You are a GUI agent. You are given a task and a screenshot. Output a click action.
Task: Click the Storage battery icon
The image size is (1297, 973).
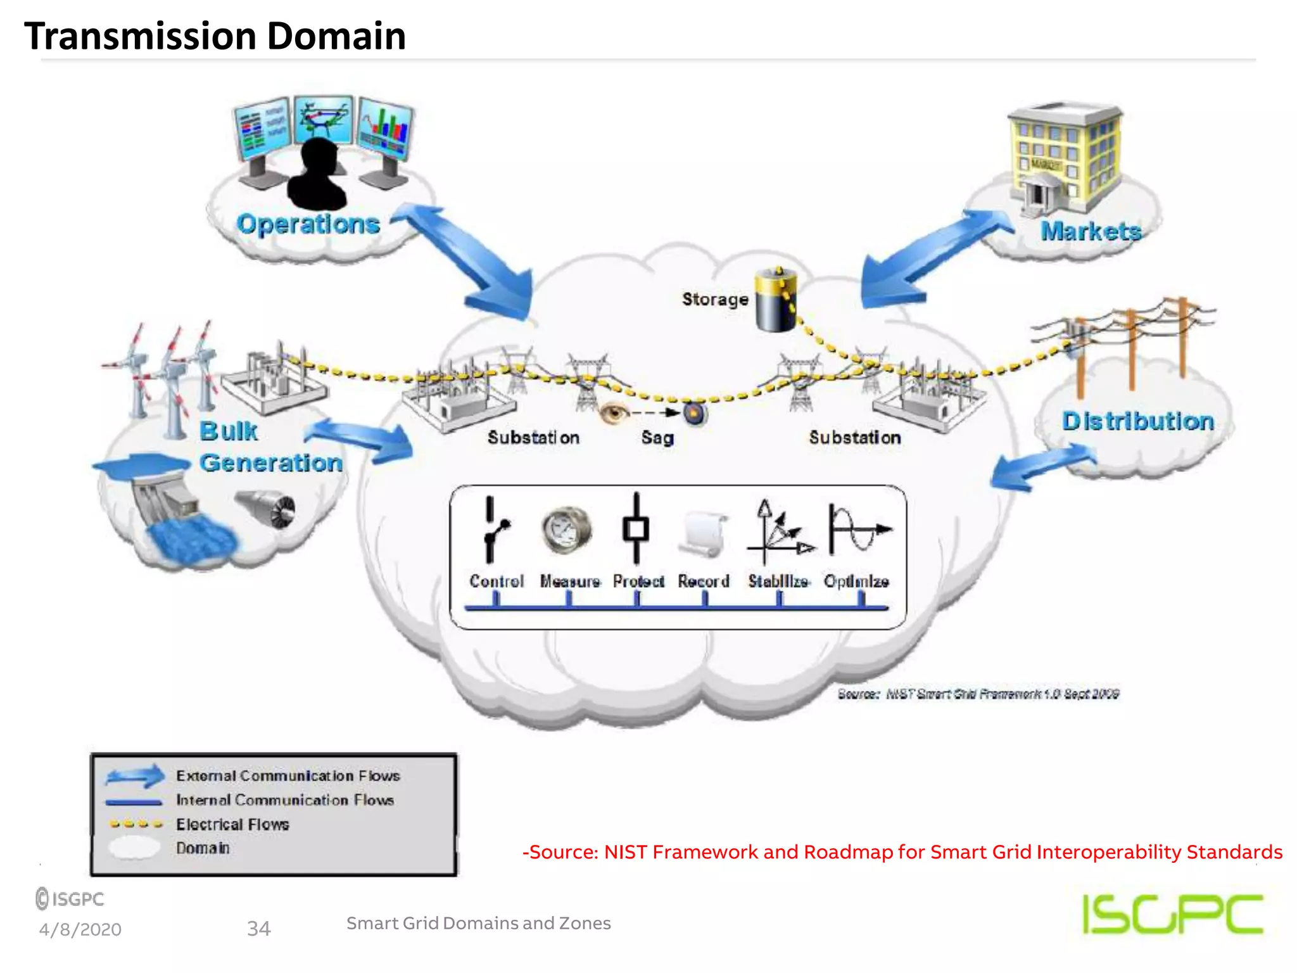tap(776, 300)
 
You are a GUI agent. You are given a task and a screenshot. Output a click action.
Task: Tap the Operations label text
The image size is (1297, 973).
tap(308, 224)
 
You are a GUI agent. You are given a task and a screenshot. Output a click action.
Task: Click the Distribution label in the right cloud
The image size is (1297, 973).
tap(1137, 421)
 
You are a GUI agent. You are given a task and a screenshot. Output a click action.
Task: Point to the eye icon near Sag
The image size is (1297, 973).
tap(613, 413)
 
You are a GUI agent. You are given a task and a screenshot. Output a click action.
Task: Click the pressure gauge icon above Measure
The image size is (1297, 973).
tap(567, 530)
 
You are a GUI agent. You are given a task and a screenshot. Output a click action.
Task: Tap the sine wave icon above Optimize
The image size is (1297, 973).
tap(858, 531)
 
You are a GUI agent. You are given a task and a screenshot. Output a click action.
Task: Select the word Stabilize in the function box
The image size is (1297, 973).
tap(778, 581)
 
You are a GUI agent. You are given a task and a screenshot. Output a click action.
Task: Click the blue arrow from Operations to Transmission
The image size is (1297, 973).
tap(469, 260)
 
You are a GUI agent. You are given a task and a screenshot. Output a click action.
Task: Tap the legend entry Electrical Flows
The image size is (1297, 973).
tap(232, 824)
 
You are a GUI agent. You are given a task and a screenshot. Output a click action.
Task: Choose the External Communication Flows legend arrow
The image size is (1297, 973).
tap(135, 776)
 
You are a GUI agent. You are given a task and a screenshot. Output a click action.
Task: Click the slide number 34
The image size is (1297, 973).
tap(258, 929)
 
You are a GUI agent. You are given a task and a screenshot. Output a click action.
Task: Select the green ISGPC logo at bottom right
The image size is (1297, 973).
tap(1172, 913)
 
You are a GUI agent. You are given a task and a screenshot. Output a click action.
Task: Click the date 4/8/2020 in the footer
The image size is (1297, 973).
tap(80, 929)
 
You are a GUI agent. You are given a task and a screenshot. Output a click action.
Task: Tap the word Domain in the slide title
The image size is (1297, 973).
tap(336, 36)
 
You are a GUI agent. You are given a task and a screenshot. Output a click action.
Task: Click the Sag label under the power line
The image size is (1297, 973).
tap(657, 438)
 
